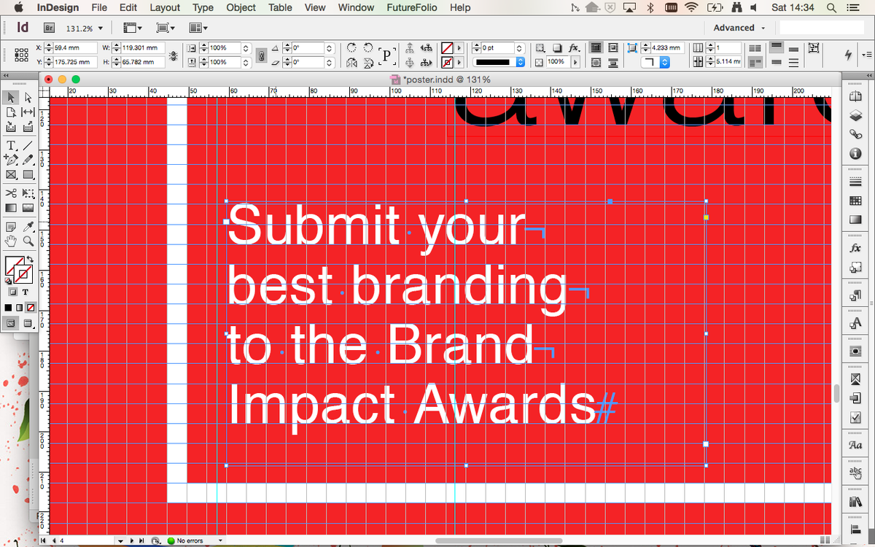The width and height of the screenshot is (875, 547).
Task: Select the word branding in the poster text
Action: [x=459, y=287]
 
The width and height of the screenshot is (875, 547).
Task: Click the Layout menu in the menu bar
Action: [x=165, y=7]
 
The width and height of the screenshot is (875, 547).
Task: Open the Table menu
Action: [x=279, y=7]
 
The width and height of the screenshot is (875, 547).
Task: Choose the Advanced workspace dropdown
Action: [x=739, y=28]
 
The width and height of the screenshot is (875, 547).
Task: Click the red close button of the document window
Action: [x=49, y=79]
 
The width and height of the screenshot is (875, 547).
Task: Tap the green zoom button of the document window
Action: [x=75, y=79]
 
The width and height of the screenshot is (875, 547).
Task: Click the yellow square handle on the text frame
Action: [x=706, y=217]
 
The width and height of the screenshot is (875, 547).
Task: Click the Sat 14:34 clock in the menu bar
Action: [x=793, y=7]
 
